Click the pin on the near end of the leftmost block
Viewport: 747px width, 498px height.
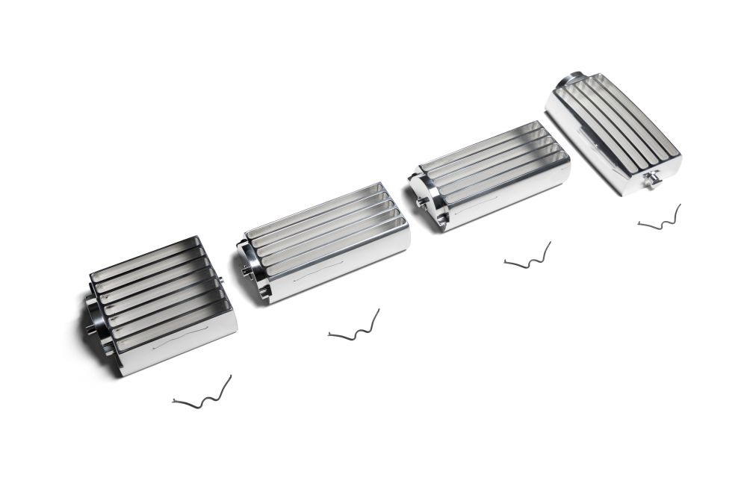[90, 328]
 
